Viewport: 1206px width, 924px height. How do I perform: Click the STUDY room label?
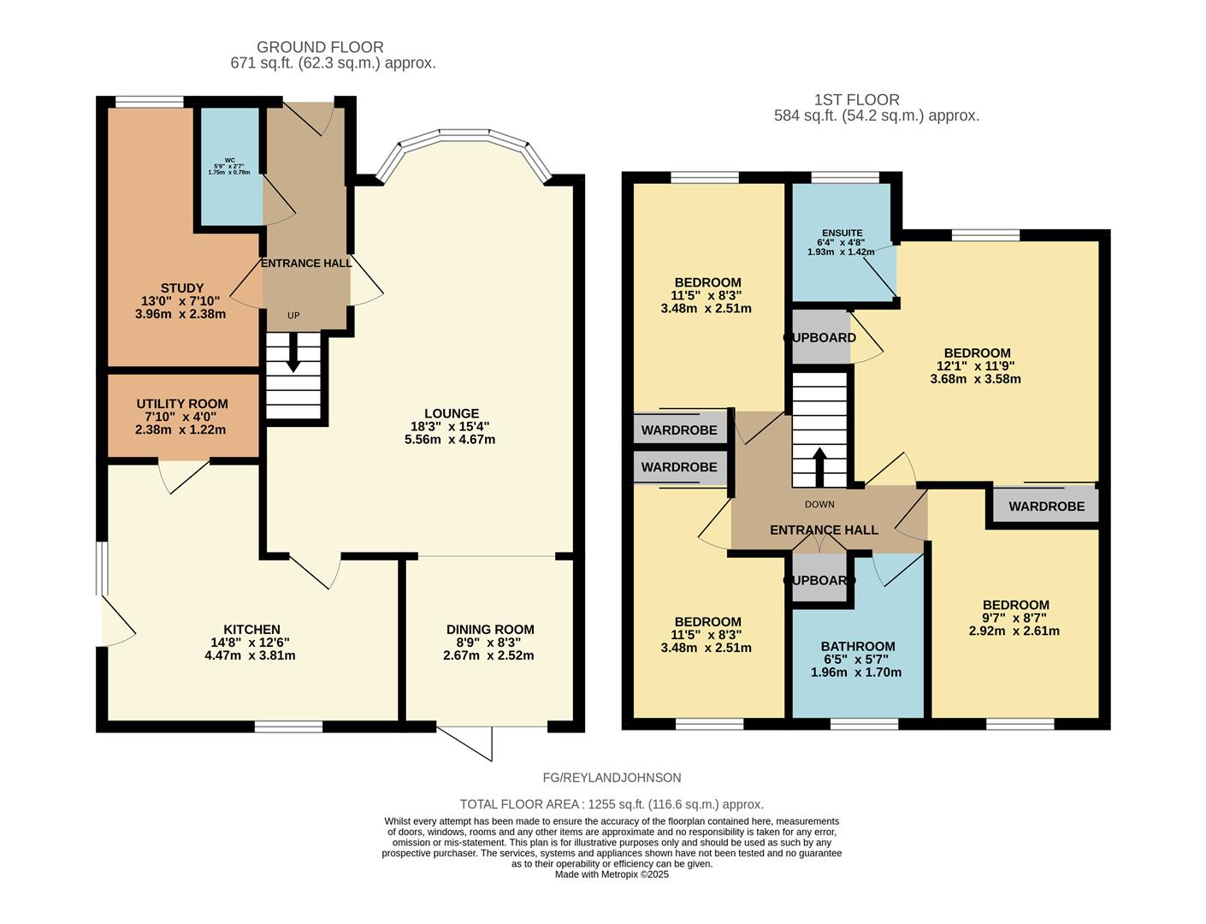181,288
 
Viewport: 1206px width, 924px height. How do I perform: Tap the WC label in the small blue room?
229,160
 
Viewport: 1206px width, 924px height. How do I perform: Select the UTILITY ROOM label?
182,404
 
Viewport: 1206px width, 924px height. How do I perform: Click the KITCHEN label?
251,630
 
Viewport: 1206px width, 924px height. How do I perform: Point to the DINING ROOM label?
490,630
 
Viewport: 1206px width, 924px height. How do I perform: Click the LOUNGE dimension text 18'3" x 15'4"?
450,426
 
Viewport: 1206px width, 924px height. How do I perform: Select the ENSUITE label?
842,233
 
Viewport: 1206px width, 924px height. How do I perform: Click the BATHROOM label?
858,647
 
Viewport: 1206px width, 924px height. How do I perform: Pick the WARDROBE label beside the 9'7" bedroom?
1046,506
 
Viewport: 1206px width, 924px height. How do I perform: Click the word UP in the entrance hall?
293,316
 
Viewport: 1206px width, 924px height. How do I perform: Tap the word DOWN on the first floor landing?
819,505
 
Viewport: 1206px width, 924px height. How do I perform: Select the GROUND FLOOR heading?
320,47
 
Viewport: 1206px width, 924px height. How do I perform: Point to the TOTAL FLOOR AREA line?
612,804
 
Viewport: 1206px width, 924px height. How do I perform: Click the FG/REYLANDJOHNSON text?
612,778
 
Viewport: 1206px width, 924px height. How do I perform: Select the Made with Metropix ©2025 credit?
612,874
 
